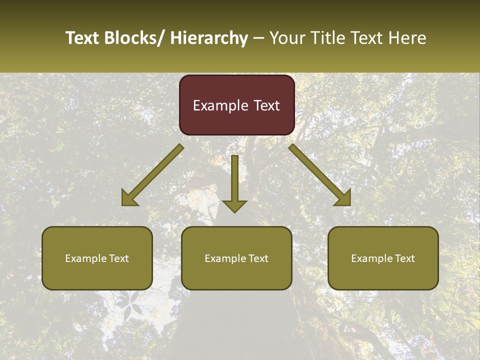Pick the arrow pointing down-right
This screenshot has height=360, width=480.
320,175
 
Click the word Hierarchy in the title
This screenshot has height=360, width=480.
209,38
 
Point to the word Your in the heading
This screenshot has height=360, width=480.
287,38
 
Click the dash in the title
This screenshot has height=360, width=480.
258,38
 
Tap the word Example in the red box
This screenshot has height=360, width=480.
220,106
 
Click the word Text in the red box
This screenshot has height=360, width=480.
266,106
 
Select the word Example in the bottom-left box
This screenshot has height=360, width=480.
85,258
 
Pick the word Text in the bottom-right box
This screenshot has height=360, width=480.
404,258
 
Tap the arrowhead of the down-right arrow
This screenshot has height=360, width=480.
344,199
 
